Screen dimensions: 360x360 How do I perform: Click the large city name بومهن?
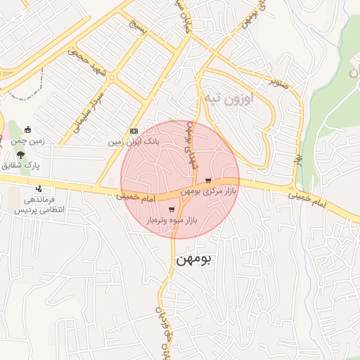192,259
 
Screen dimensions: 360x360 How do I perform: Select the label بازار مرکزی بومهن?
208,191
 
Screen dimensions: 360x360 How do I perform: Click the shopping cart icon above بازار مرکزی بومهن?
207,181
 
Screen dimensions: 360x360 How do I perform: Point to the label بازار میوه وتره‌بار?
172,220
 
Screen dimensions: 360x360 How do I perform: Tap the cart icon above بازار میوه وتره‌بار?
172,210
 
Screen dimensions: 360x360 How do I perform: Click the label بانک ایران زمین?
134,141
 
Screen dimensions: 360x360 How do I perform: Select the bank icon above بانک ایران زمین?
134,131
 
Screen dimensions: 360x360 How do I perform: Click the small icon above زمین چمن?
27,130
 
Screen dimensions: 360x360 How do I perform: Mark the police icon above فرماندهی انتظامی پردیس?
38,188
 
